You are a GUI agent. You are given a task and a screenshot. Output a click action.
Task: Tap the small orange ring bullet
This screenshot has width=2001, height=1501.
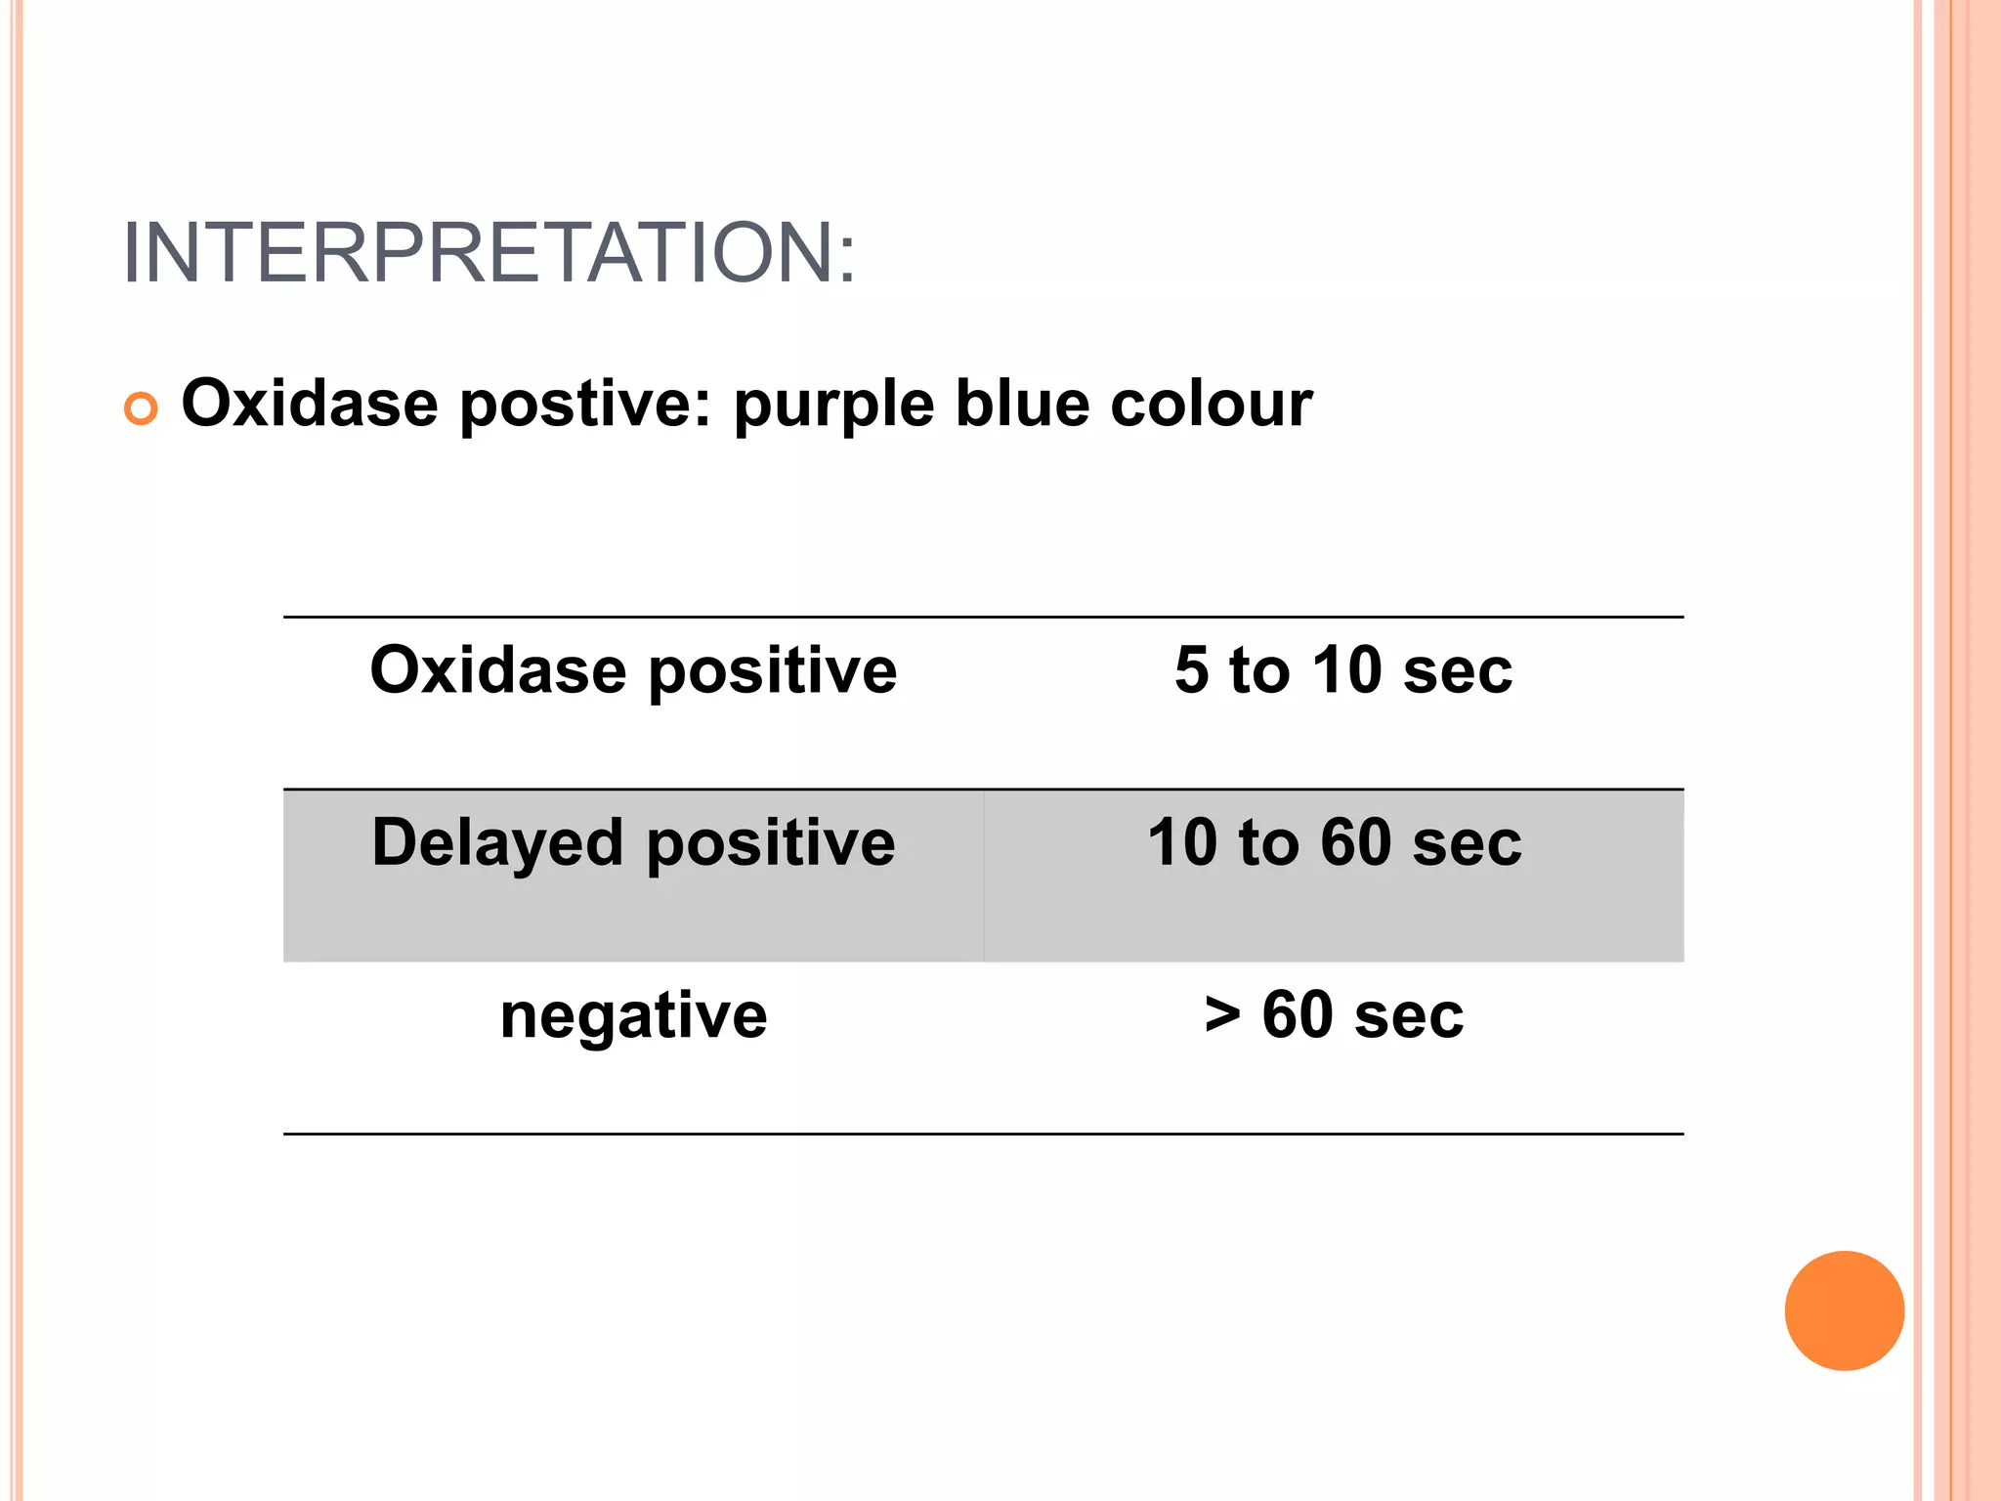click(141, 408)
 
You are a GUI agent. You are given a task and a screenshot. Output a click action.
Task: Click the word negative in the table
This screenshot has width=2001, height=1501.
click(633, 1016)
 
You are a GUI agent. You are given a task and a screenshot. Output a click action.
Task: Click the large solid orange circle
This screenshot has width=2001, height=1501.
click(1844, 1310)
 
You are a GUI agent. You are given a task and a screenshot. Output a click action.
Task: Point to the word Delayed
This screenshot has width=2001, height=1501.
click(497, 843)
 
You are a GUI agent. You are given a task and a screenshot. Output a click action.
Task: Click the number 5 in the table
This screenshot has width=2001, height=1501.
click(1192, 671)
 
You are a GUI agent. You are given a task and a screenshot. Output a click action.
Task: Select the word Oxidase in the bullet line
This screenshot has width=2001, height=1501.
click(310, 404)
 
